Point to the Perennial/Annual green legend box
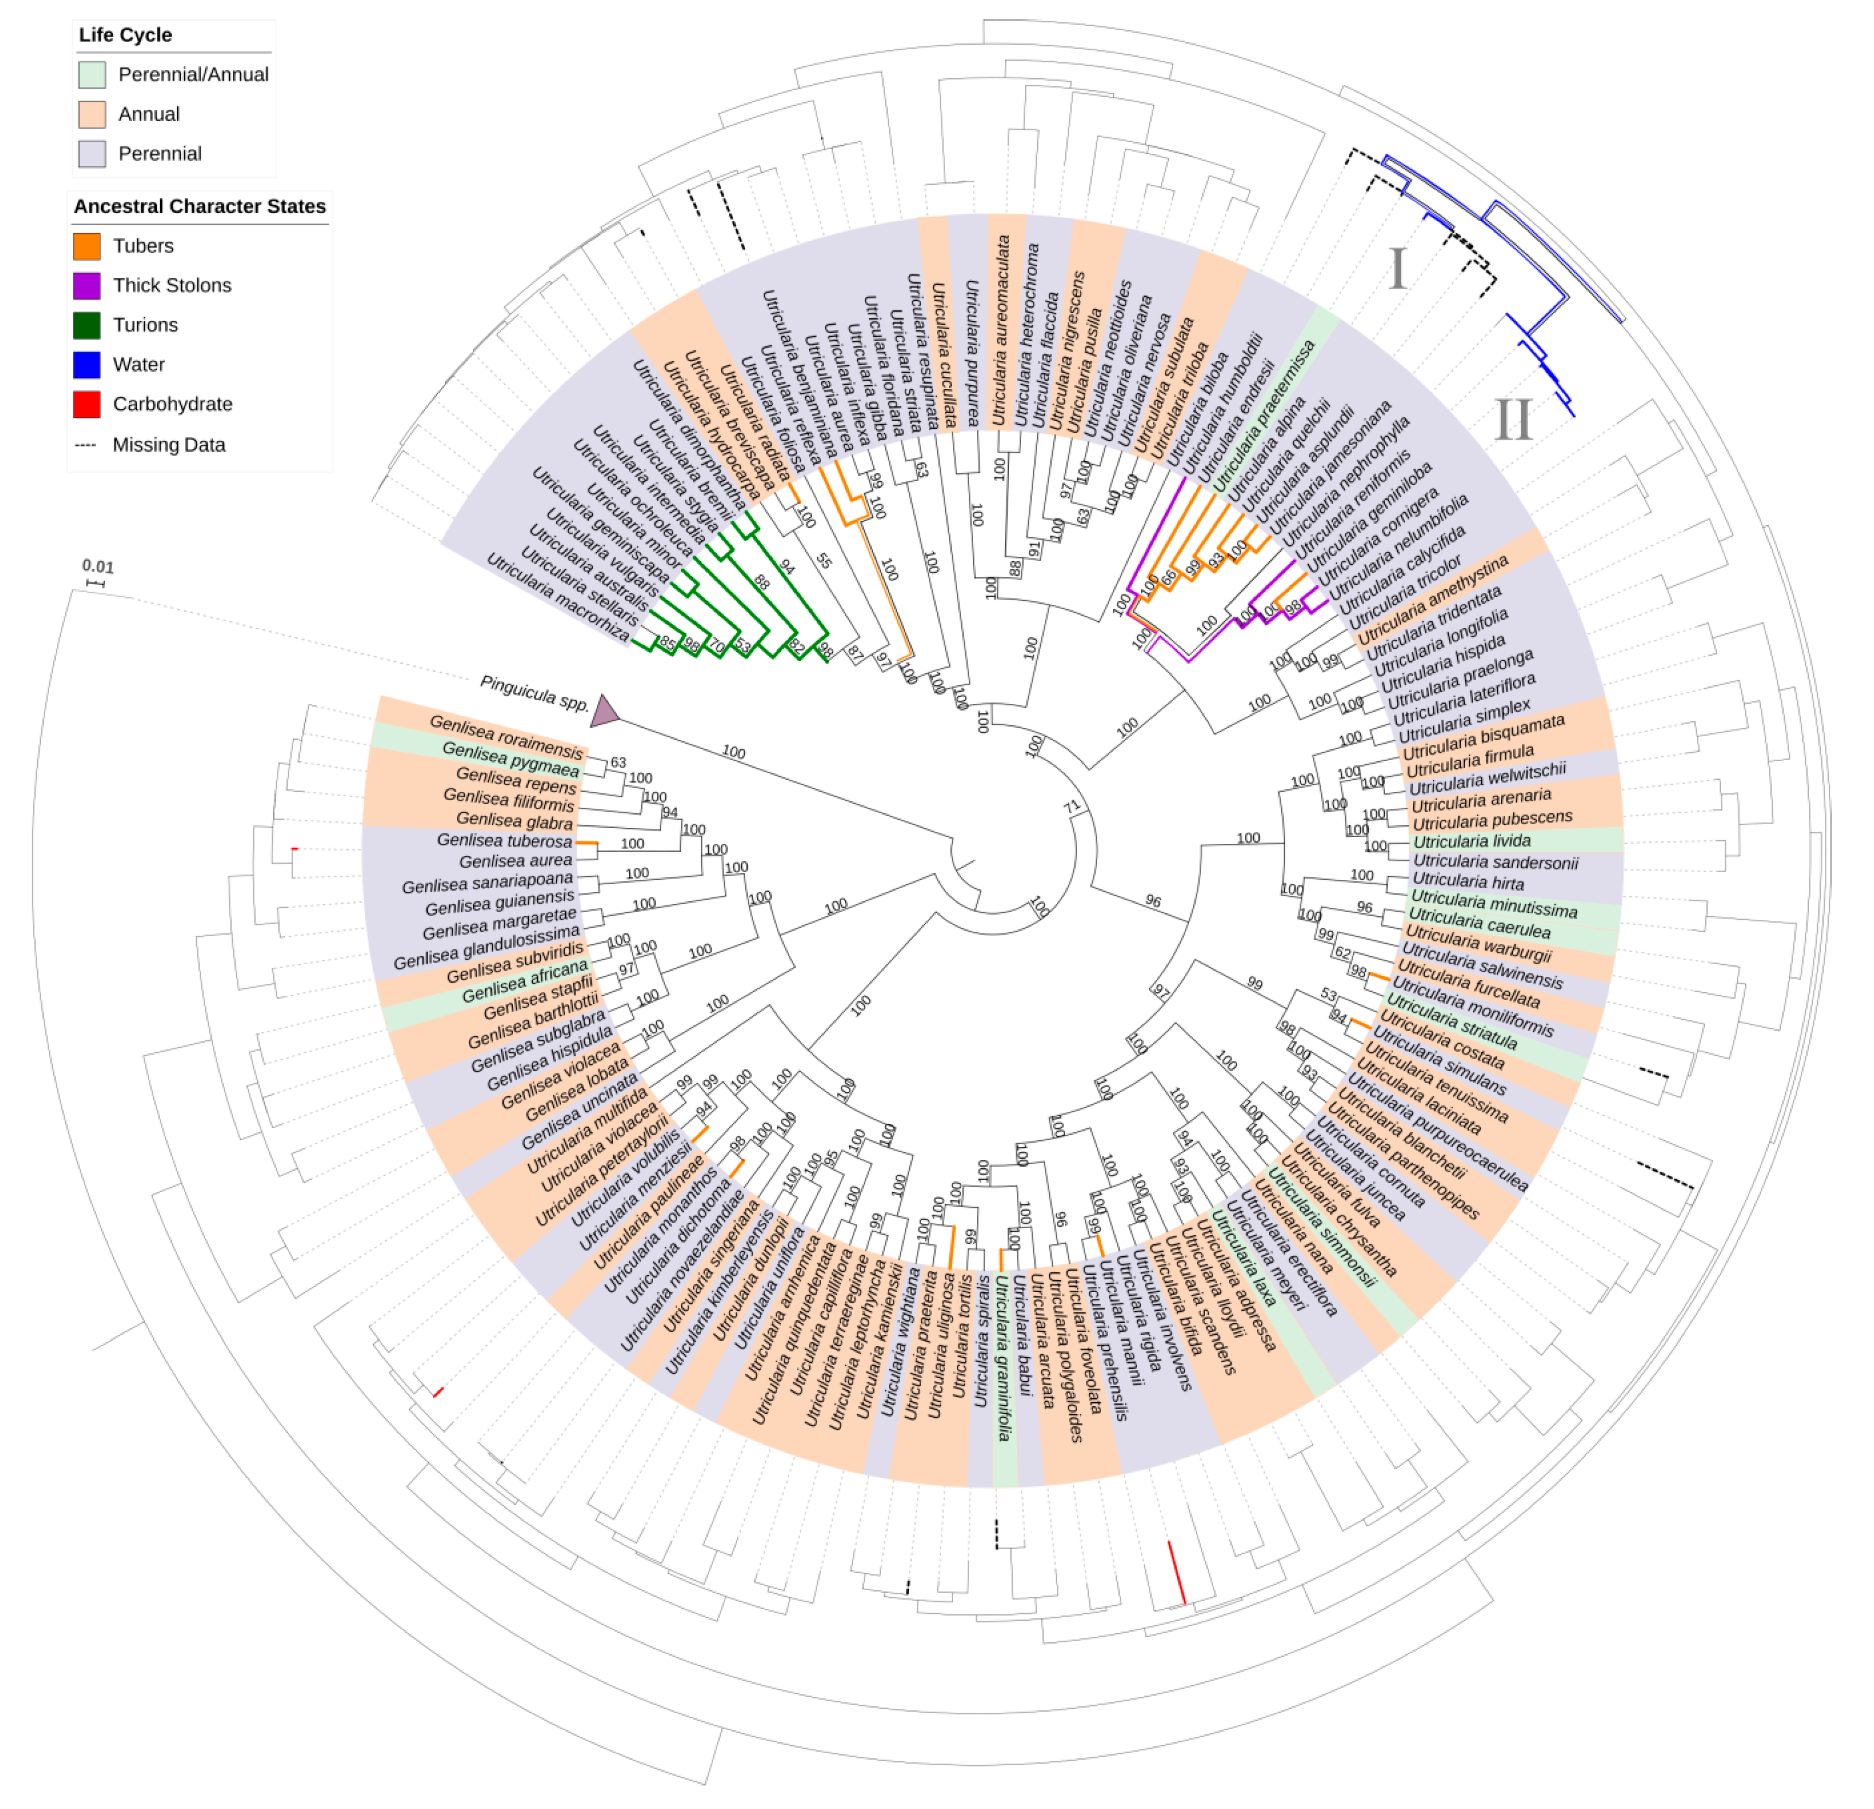click(92, 74)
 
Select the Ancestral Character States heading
click(200, 207)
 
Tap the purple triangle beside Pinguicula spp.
click(604, 710)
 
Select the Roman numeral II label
click(1514, 419)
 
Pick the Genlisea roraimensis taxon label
click(506, 736)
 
